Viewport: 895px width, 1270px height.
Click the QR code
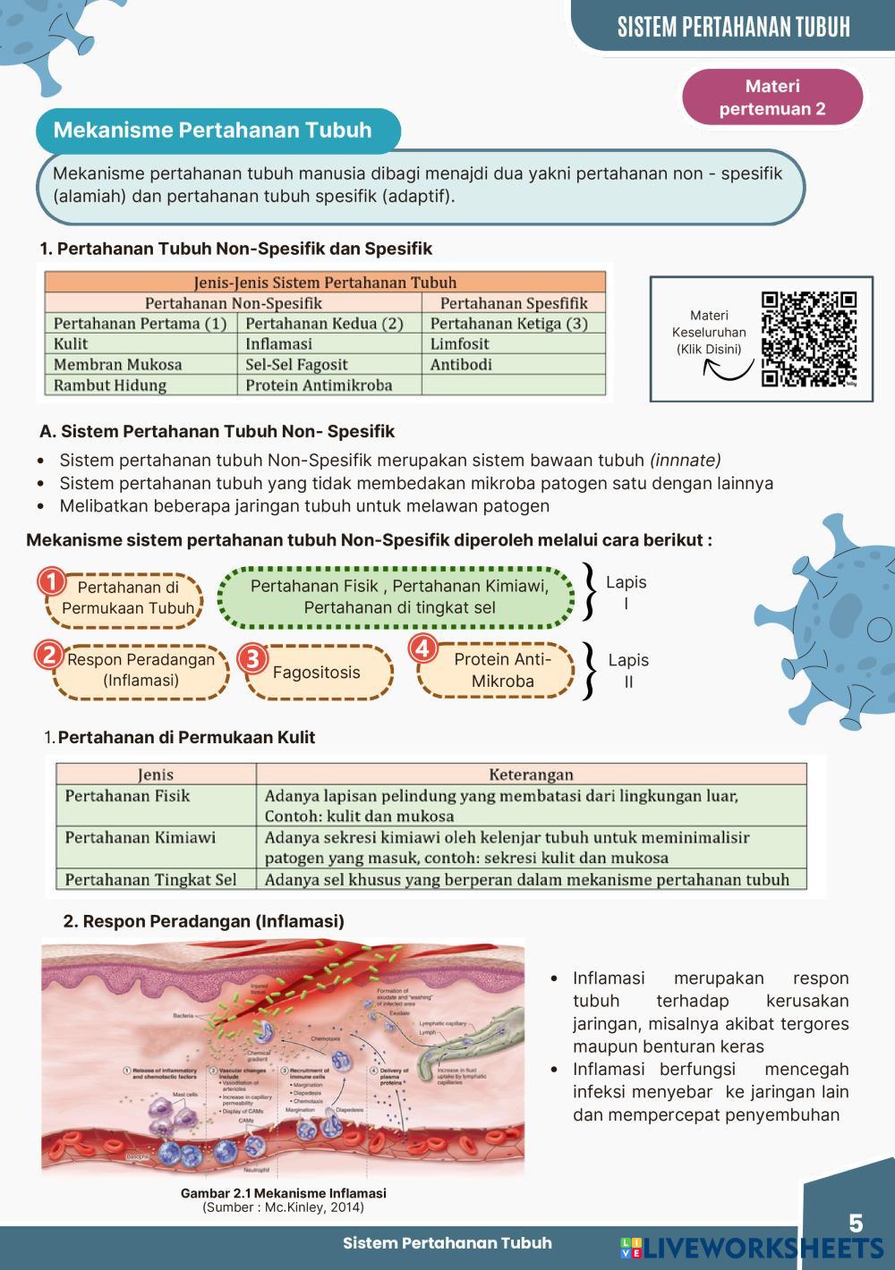809,339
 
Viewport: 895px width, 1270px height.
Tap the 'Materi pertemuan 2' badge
771,97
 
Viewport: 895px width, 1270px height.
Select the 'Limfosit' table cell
460,344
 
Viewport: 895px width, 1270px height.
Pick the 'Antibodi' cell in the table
461,365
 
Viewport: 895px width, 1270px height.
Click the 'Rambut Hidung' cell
110,385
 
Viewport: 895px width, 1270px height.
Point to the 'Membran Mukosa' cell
117,365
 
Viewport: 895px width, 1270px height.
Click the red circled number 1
52,582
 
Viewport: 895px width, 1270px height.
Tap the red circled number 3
253,659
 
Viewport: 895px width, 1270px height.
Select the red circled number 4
422,648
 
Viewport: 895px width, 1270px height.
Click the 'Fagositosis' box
316,673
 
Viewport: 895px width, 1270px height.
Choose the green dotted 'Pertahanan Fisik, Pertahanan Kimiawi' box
399,597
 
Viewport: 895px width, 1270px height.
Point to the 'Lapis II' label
628,671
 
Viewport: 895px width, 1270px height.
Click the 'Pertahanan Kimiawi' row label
141,838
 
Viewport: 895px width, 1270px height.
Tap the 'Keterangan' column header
531,775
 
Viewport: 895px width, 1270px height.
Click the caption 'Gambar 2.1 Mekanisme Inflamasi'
283,1193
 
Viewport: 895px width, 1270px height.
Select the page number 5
856,1223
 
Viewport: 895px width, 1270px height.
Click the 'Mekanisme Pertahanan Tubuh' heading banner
212,131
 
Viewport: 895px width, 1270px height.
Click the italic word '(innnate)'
685,461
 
